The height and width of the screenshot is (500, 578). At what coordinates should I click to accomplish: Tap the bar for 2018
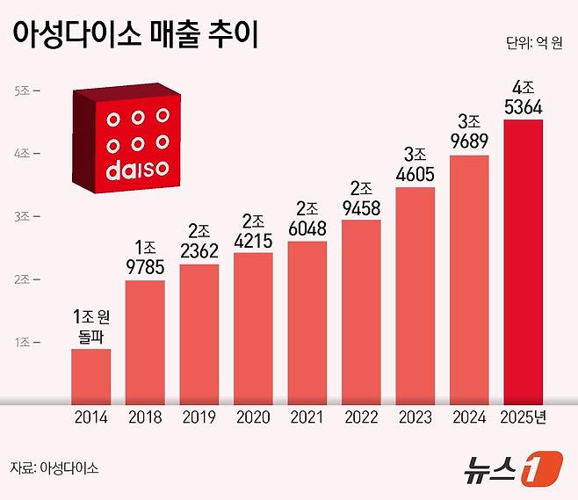(145, 342)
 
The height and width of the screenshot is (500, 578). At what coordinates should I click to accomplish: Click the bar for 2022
(361, 311)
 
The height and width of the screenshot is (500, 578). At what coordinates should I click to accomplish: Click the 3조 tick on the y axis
(23, 216)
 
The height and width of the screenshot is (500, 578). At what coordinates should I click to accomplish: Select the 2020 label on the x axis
(253, 417)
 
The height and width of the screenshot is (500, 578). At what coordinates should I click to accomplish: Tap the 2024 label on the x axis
(469, 417)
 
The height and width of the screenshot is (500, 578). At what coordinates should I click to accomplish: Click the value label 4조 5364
(523, 98)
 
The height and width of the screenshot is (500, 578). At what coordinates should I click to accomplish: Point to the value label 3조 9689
(469, 133)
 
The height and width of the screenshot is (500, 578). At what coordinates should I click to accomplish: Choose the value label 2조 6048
(307, 218)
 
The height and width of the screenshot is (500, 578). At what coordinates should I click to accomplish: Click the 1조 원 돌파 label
(91, 325)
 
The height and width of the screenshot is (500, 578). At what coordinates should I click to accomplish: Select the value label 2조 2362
(199, 242)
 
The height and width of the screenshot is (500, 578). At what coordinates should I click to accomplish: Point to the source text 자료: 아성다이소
(54, 467)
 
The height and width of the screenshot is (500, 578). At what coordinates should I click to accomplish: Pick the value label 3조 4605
(415, 165)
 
